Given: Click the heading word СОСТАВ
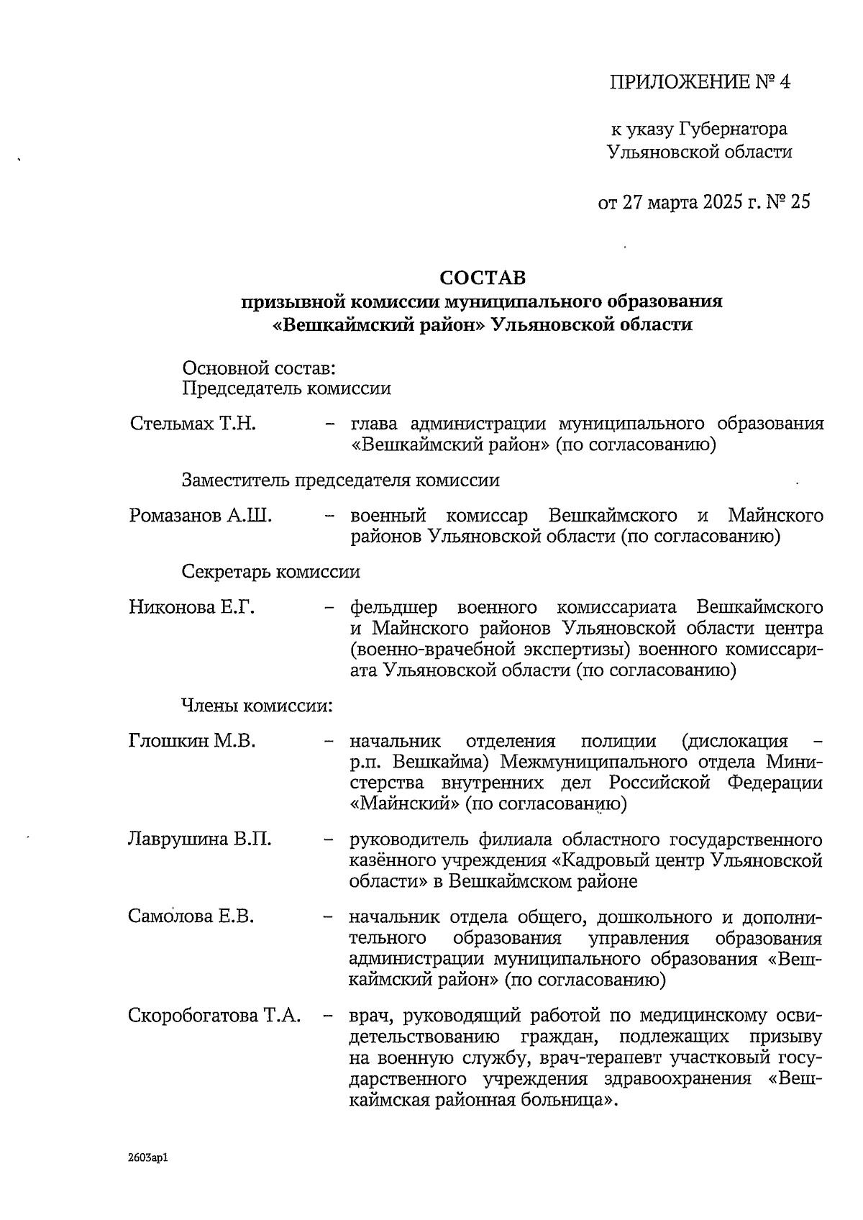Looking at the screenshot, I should tap(483, 278).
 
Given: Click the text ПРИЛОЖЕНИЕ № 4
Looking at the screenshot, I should tap(699, 82).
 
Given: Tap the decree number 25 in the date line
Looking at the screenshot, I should tap(800, 202).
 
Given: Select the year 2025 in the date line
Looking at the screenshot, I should tap(721, 202).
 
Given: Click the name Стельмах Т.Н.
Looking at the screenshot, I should tap(193, 424).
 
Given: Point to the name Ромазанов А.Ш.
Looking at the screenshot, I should tap(201, 516).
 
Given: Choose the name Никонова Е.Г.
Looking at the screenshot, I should tap(192, 607).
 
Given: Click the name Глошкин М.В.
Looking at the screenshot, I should tap(192, 741).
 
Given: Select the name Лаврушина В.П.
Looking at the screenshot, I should tap(199, 839).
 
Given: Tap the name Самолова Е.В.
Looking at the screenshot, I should tap(192, 917).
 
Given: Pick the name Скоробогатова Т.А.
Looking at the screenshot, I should tap(214, 1016).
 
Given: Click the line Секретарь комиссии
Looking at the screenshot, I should tap(271, 572).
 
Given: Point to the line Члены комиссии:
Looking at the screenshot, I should tap(257, 706).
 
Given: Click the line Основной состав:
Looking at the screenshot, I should tap(259, 368).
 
